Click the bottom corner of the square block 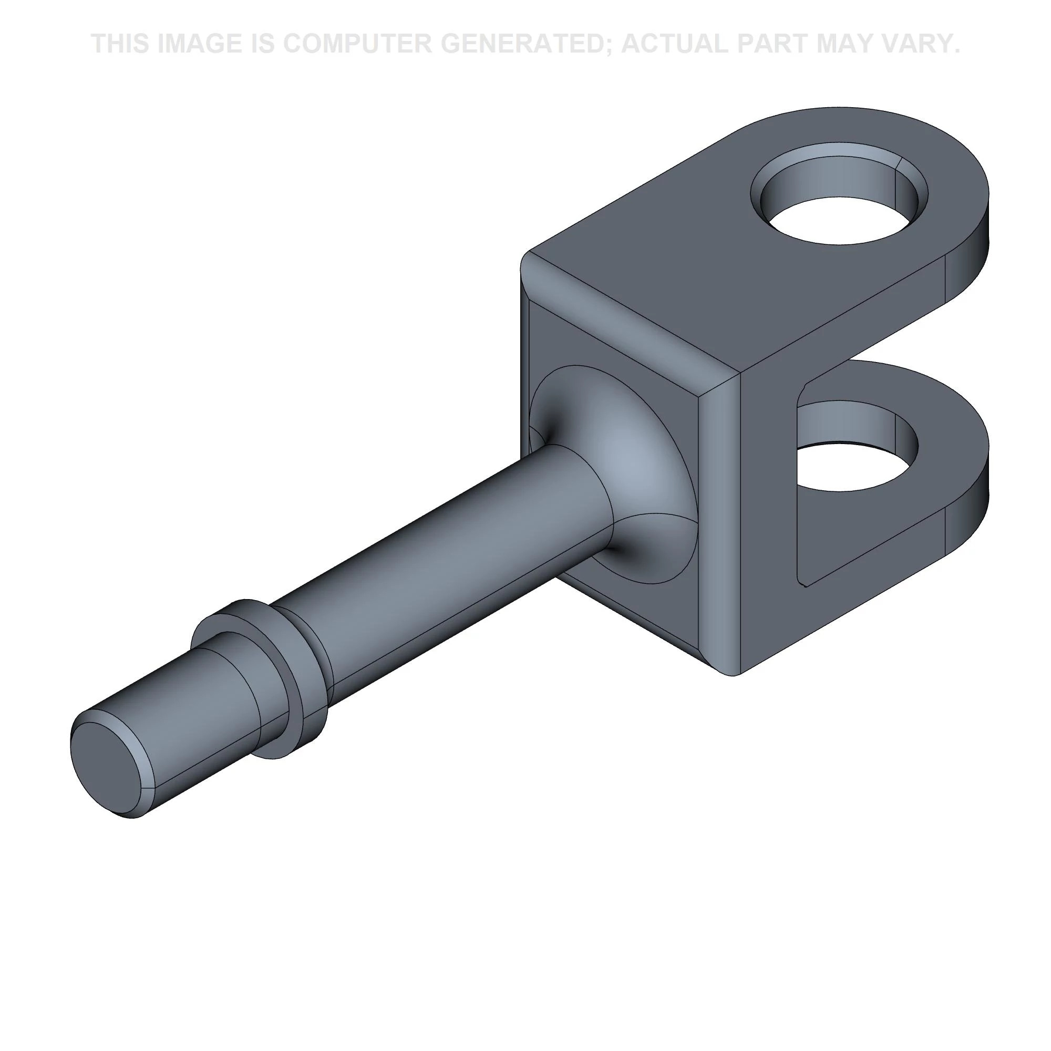[731, 672]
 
